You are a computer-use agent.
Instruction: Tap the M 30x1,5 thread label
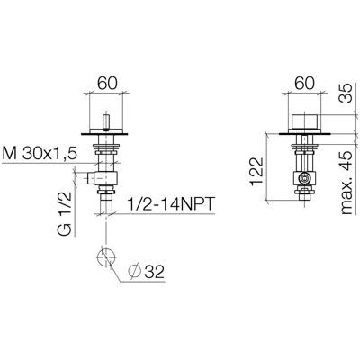coord(40,154)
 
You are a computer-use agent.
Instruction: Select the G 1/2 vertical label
coord(65,213)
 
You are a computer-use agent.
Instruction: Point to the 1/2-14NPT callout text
coord(171,204)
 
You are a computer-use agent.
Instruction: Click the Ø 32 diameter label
coord(147,272)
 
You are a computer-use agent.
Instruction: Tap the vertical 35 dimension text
coord(346,94)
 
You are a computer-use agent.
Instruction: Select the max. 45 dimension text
coord(346,183)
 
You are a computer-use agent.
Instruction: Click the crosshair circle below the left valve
coord(106,257)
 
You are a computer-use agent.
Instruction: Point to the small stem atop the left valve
coord(105,121)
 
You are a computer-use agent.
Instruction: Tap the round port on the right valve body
coord(304,179)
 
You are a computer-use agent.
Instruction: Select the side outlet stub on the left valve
coord(92,179)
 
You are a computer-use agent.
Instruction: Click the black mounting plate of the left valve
coord(104,134)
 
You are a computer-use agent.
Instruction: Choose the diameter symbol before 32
coord(134,272)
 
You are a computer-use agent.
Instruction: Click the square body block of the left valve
coord(106,178)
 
